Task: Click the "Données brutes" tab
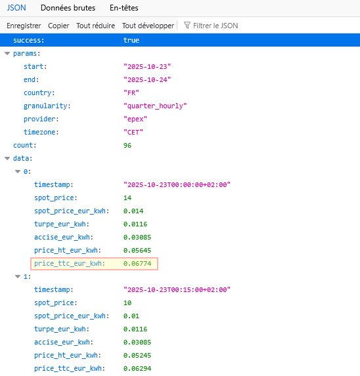[x=68, y=8]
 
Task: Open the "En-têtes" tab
[x=124, y=8]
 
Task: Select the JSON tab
[x=16, y=8]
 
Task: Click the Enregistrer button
[x=24, y=26]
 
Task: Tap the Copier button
[x=58, y=26]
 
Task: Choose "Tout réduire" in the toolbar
[x=95, y=26]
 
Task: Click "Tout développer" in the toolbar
[x=148, y=26]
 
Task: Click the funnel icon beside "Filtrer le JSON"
[x=187, y=26]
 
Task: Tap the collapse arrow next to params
[x=7, y=53]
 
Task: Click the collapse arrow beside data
[x=7, y=158]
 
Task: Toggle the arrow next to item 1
[x=18, y=276]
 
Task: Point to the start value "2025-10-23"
[x=147, y=67]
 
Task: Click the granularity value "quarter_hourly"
[x=155, y=106]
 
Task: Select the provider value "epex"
[x=135, y=119]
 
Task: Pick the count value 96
[x=127, y=145]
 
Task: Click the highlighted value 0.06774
[x=137, y=264]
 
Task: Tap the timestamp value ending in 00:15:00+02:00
[x=177, y=289]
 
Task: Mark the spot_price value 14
[x=127, y=198]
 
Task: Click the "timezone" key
[x=41, y=132]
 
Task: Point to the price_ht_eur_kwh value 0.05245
[x=137, y=356]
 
